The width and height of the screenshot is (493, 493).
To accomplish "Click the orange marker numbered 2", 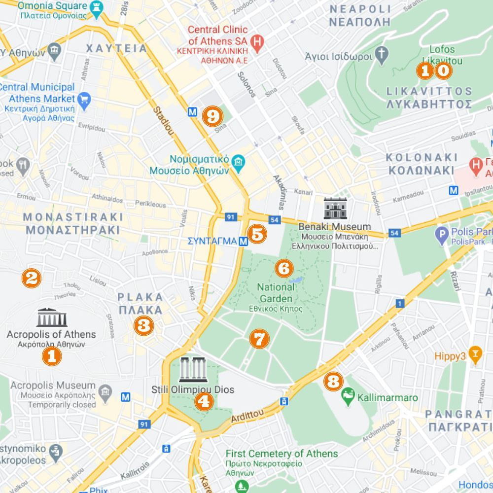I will pyautogui.click(x=31, y=278).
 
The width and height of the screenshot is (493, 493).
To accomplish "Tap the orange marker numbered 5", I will pyautogui.click(x=257, y=234).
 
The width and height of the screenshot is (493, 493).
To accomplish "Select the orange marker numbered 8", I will pyautogui.click(x=333, y=381).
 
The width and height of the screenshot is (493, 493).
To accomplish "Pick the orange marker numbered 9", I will pyautogui.click(x=212, y=116).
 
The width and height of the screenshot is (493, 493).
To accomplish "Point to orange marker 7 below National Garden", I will pyautogui.click(x=259, y=339).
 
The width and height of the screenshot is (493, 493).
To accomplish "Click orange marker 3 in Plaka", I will pyautogui.click(x=143, y=325).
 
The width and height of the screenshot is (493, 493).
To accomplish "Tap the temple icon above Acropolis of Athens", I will pyautogui.click(x=51, y=318).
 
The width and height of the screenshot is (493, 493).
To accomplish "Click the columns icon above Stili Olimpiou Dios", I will pyautogui.click(x=193, y=370).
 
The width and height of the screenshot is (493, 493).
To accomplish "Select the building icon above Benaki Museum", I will pyautogui.click(x=335, y=209).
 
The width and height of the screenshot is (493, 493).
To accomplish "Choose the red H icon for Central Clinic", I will pyautogui.click(x=256, y=42).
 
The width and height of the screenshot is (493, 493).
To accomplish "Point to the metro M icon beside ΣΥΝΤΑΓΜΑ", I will pyautogui.click(x=243, y=241).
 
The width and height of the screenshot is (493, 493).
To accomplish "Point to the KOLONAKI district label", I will pyautogui.click(x=422, y=158).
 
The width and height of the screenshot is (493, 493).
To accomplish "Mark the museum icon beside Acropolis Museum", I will pyautogui.click(x=105, y=392).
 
